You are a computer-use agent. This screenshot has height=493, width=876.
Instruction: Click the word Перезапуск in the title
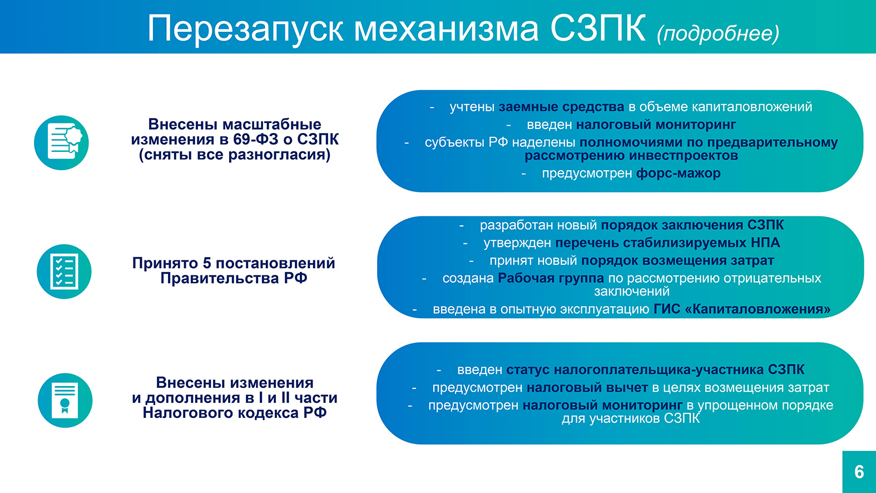tap(245, 29)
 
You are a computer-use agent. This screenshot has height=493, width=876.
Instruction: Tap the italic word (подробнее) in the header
tap(718, 33)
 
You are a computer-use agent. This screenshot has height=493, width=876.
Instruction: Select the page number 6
tap(859, 472)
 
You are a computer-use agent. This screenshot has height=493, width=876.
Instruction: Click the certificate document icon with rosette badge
tap(62, 143)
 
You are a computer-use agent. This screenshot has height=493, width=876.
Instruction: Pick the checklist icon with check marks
tap(64, 272)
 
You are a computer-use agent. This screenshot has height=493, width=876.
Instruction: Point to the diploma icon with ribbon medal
tap(65, 400)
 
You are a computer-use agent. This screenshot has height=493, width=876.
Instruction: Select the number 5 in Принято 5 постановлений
tap(207, 263)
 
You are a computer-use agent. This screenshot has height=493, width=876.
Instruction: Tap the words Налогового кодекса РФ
tap(235, 413)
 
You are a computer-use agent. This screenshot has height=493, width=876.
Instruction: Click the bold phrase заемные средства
tap(561, 107)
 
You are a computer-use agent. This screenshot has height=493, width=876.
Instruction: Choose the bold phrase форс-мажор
tap(678, 173)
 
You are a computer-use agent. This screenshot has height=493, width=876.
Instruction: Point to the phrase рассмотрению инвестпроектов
tap(631, 156)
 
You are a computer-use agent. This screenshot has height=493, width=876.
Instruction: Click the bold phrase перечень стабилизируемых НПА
tap(667, 243)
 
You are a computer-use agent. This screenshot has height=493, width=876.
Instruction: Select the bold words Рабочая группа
tap(551, 278)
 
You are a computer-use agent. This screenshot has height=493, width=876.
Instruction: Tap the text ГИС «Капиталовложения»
tap(742, 309)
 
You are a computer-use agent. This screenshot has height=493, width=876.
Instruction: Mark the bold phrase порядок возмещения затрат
tap(677, 260)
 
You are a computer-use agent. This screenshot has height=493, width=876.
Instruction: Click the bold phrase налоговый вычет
tap(587, 387)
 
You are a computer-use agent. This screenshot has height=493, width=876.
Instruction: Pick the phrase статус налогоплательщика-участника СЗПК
tap(655, 369)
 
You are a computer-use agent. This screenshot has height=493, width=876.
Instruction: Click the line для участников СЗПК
tap(630, 418)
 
